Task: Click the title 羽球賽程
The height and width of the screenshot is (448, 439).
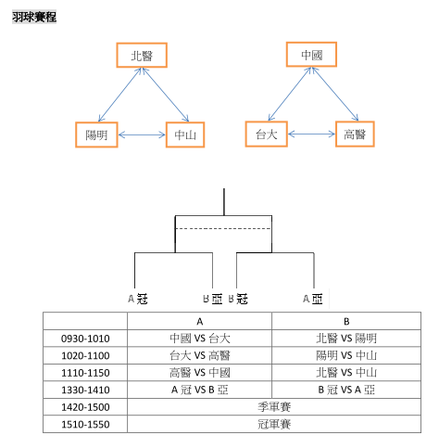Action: coord(34,17)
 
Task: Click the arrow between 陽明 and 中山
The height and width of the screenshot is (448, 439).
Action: coord(142,134)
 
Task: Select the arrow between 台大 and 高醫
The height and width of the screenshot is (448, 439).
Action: coord(311,134)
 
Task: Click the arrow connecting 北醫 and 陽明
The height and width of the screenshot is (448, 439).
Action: coord(119,95)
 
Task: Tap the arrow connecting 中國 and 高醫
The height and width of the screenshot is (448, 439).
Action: coord(335,94)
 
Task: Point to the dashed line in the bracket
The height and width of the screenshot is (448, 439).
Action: coord(223,229)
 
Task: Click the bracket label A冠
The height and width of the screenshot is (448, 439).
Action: coord(138,299)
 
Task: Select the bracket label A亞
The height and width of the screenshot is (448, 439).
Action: coord(313,299)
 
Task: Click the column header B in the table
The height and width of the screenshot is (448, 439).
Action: coord(346,322)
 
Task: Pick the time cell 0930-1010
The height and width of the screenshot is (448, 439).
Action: coord(85,339)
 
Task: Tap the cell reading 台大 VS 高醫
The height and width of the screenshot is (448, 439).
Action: coord(200,355)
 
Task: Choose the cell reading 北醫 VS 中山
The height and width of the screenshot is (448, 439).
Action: coord(346,373)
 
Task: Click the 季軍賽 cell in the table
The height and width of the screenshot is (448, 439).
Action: coord(274,407)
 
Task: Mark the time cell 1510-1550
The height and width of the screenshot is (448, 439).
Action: coord(85,424)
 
